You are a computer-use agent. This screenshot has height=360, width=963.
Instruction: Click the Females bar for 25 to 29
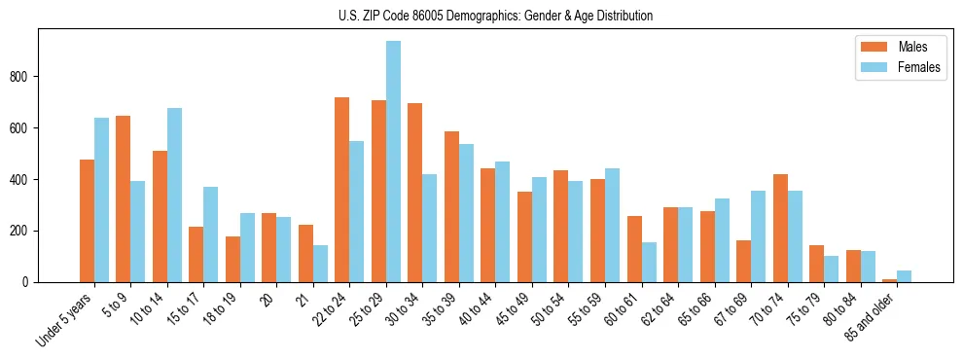point(394,162)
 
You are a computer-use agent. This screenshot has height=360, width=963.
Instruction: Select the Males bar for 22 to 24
point(342,190)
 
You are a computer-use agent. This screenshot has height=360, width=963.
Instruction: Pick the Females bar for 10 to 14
point(175,195)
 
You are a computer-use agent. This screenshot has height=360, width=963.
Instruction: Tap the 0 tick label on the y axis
point(28,282)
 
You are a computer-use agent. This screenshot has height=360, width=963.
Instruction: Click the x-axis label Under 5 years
point(65,318)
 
